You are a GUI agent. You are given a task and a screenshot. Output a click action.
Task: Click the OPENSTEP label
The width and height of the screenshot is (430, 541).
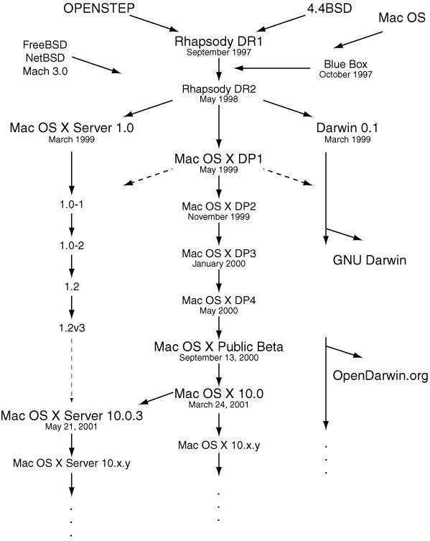[x=99, y=9]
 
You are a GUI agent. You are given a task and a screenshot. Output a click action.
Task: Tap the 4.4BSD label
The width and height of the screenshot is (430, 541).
[x=329, y=9]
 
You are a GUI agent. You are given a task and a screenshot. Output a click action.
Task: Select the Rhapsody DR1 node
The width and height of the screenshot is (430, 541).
[x=219, y=42]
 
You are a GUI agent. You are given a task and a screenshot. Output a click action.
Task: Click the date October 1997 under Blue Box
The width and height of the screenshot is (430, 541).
[x=345, y=75]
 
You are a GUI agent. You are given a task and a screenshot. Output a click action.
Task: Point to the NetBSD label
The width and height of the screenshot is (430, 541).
[x=45, y=57]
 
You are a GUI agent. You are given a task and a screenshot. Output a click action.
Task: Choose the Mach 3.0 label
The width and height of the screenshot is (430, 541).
[x=45, y=71]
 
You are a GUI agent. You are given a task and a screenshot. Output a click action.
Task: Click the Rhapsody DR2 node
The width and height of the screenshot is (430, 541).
[x=219, y=89]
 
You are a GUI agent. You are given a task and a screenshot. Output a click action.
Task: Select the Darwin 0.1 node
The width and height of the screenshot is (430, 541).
[x=347, y=128]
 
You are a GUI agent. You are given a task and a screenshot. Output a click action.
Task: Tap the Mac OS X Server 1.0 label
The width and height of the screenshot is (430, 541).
[x=72, y=128]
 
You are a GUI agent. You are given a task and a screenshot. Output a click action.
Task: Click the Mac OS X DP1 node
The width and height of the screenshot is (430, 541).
[x=219, y=159]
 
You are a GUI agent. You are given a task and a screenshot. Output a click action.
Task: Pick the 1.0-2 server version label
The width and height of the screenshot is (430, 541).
[x=72, y=246]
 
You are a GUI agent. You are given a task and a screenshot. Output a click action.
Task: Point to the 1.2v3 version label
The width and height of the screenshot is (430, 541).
[x=72, y=328]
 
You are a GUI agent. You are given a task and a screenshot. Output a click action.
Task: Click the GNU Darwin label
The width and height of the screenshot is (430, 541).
[x=369, y=260]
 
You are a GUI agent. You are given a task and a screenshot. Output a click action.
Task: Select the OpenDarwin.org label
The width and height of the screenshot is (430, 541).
[x=380, y=376]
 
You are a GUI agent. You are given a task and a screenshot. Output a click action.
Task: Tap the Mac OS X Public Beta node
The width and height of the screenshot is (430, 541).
[x=219, y=347]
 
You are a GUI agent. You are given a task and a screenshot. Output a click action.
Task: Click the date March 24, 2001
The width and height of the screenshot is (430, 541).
[x=219, y=404]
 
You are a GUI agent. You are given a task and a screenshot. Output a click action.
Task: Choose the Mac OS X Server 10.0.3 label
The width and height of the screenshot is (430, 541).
[x=72, y=416]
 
